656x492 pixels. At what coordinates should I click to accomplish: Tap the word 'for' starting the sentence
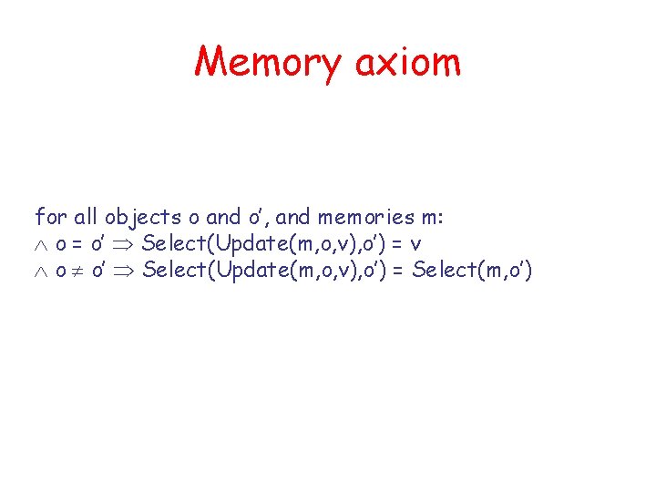(x=49, y=217)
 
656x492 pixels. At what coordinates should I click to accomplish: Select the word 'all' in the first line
(x=85, y=217)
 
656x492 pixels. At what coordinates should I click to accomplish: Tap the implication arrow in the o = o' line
(x=124, y=244)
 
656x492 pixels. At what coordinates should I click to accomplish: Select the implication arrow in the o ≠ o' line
(x=125, y=272)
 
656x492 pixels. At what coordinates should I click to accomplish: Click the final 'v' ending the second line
(x=415, y=245)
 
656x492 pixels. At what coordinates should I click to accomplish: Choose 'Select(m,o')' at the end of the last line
(x=471, y=272)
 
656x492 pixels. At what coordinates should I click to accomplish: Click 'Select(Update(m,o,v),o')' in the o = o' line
(x=261, y=244)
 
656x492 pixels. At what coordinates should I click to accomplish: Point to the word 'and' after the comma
(x=292, y=217)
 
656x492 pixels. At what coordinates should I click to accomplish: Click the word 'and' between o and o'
(x=223, y=217)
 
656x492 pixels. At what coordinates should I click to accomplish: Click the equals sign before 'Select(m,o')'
(x=399, y=272)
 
